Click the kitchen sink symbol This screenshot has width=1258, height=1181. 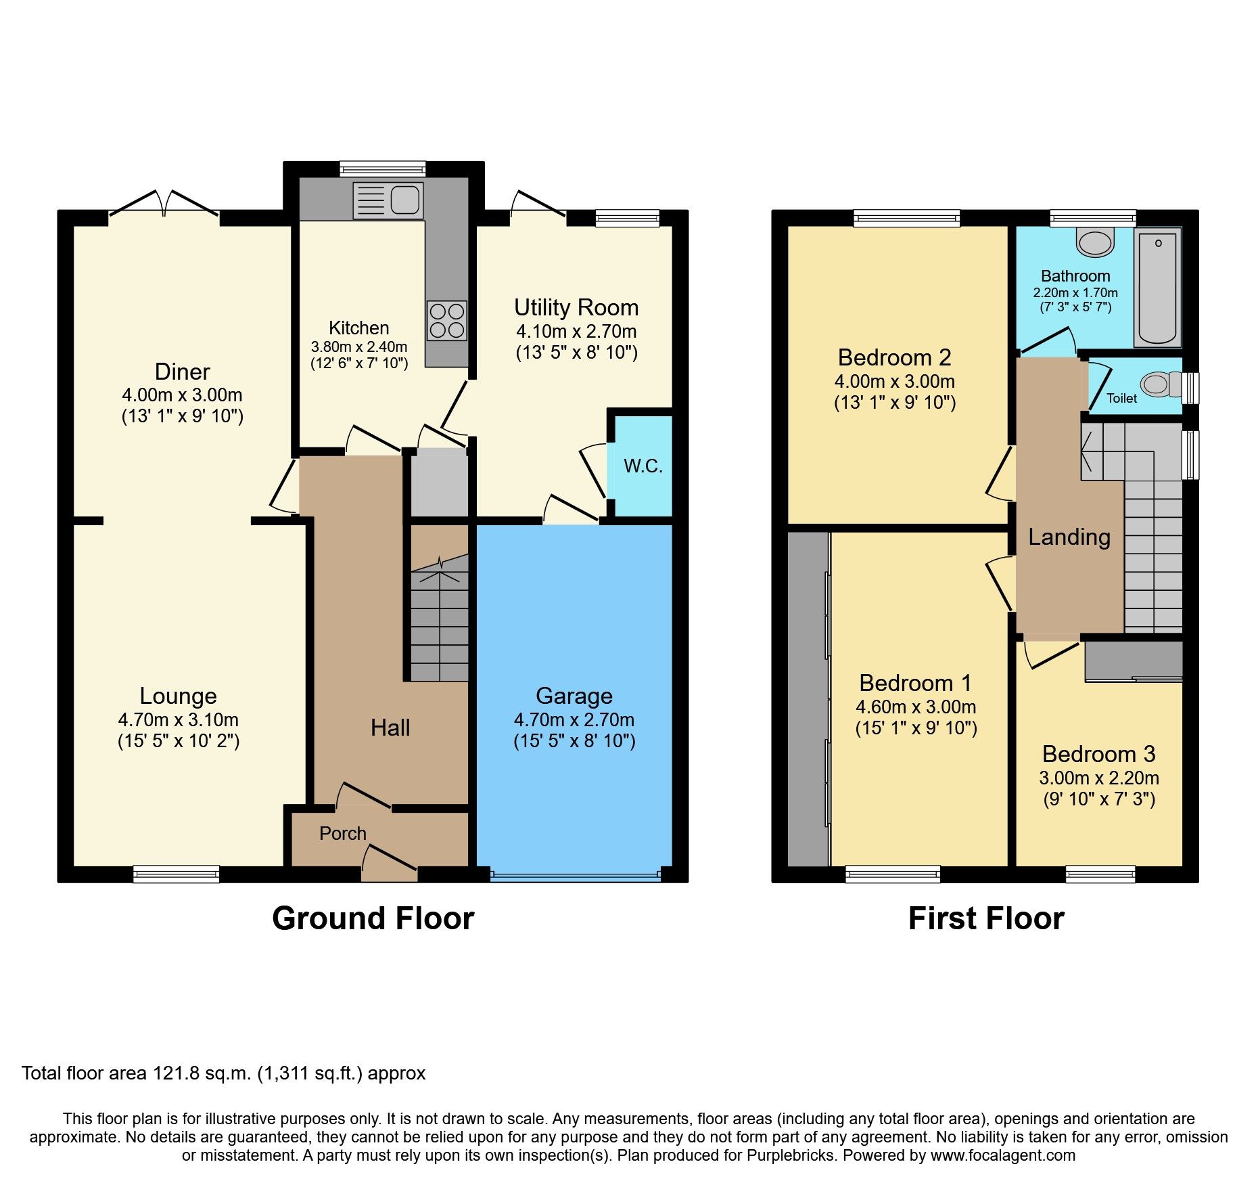click(388, 201)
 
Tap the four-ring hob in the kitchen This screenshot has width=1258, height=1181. click(447, 321)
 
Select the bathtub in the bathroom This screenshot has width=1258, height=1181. click(1158, 286)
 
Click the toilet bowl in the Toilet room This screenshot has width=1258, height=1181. click(1158, 385)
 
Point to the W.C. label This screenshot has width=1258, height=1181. click(643, 466)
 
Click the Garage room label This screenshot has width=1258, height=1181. click(574, 696)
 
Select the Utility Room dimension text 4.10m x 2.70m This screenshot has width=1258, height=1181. click(576, 332)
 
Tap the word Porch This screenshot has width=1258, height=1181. click(342, 834)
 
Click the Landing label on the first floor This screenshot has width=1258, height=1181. click(1069, 537)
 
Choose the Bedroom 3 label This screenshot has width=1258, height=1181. click(1098, 754)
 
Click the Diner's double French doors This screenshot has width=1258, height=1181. click(164, 205)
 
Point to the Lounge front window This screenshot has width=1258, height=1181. click(177, 874)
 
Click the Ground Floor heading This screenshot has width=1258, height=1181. click(373, 919)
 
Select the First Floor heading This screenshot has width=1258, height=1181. click(985, 919)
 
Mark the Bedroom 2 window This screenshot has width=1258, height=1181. click(906, 217)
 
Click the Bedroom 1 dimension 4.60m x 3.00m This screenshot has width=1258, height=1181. click(916, 707)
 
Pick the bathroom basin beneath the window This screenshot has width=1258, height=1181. click(1095, 242)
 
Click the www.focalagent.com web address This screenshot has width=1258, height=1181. click(1003, 1155)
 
